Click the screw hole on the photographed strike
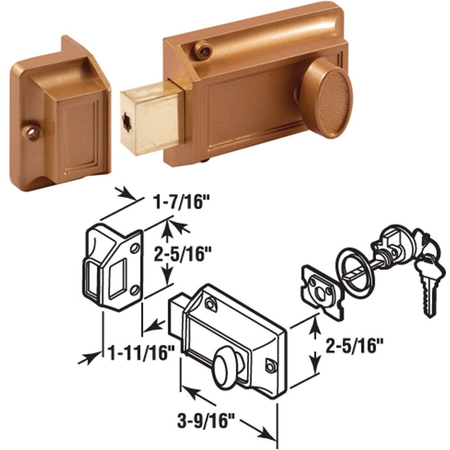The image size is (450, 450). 31,132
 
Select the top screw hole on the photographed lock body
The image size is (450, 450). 203,51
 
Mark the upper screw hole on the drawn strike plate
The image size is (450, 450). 135,249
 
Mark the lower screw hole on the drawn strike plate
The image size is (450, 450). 134,289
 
